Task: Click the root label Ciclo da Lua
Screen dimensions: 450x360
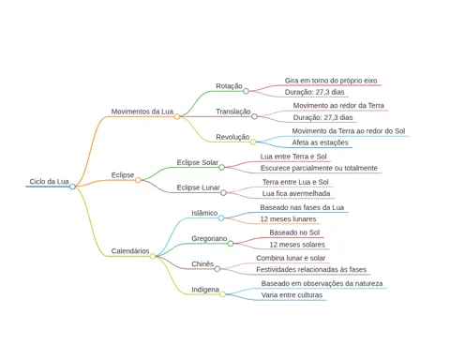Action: [49, 181]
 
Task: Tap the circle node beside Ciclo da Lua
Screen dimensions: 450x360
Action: [72, 187]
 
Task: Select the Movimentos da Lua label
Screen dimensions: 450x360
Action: [142, 112]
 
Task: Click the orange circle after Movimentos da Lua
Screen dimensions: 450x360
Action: [177, 116]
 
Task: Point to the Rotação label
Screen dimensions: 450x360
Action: [229, 86]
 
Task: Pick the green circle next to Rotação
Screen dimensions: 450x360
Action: [246, 91]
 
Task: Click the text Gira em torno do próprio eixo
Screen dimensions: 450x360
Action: [331, 81]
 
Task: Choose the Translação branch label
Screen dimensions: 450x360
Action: [233, 112]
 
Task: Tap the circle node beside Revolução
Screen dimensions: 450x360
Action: [253, 142]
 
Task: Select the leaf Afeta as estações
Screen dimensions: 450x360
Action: [320, 142]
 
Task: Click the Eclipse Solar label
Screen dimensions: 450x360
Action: [198, 162]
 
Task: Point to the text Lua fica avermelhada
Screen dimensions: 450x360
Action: [296, 194]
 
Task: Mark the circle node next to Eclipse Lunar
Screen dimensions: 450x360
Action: [223, 193]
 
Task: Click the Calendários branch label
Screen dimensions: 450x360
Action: [130, 251]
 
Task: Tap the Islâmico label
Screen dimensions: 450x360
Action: [204, 213]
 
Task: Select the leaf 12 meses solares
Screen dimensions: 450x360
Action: [297, 245]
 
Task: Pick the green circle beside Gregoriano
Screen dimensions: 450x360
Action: [231, 244]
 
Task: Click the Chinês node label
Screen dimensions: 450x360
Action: [202, 264]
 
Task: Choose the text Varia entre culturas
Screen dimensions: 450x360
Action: [292, 295]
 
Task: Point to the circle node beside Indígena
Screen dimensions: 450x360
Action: [222, 294]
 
